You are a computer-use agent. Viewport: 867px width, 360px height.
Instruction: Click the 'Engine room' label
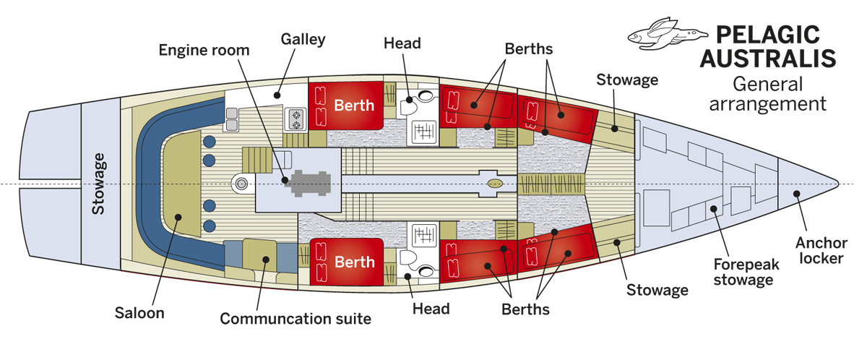(204, 51)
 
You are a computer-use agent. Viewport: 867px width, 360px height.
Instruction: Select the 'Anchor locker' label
(819, 249)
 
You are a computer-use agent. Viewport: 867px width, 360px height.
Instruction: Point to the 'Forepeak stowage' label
(746, 272)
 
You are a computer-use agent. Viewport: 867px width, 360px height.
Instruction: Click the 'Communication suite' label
(296, 318)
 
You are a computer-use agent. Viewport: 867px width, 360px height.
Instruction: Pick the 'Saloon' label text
(139, 313)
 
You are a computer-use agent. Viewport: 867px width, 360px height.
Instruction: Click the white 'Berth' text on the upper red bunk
(354, 106)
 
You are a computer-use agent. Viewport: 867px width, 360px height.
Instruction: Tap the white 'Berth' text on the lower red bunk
(354, 262)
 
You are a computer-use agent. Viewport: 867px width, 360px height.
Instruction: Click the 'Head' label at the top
(402, 43)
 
